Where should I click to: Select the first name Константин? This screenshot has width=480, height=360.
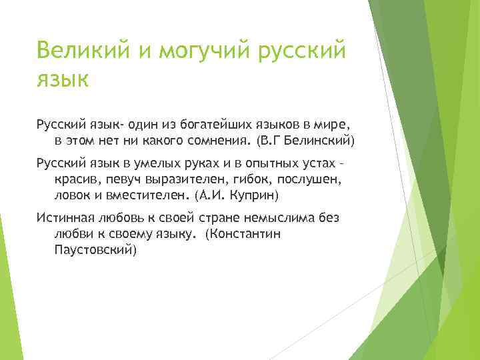tap(244, 235)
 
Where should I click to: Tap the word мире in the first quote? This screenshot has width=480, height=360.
tap(325, 124)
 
